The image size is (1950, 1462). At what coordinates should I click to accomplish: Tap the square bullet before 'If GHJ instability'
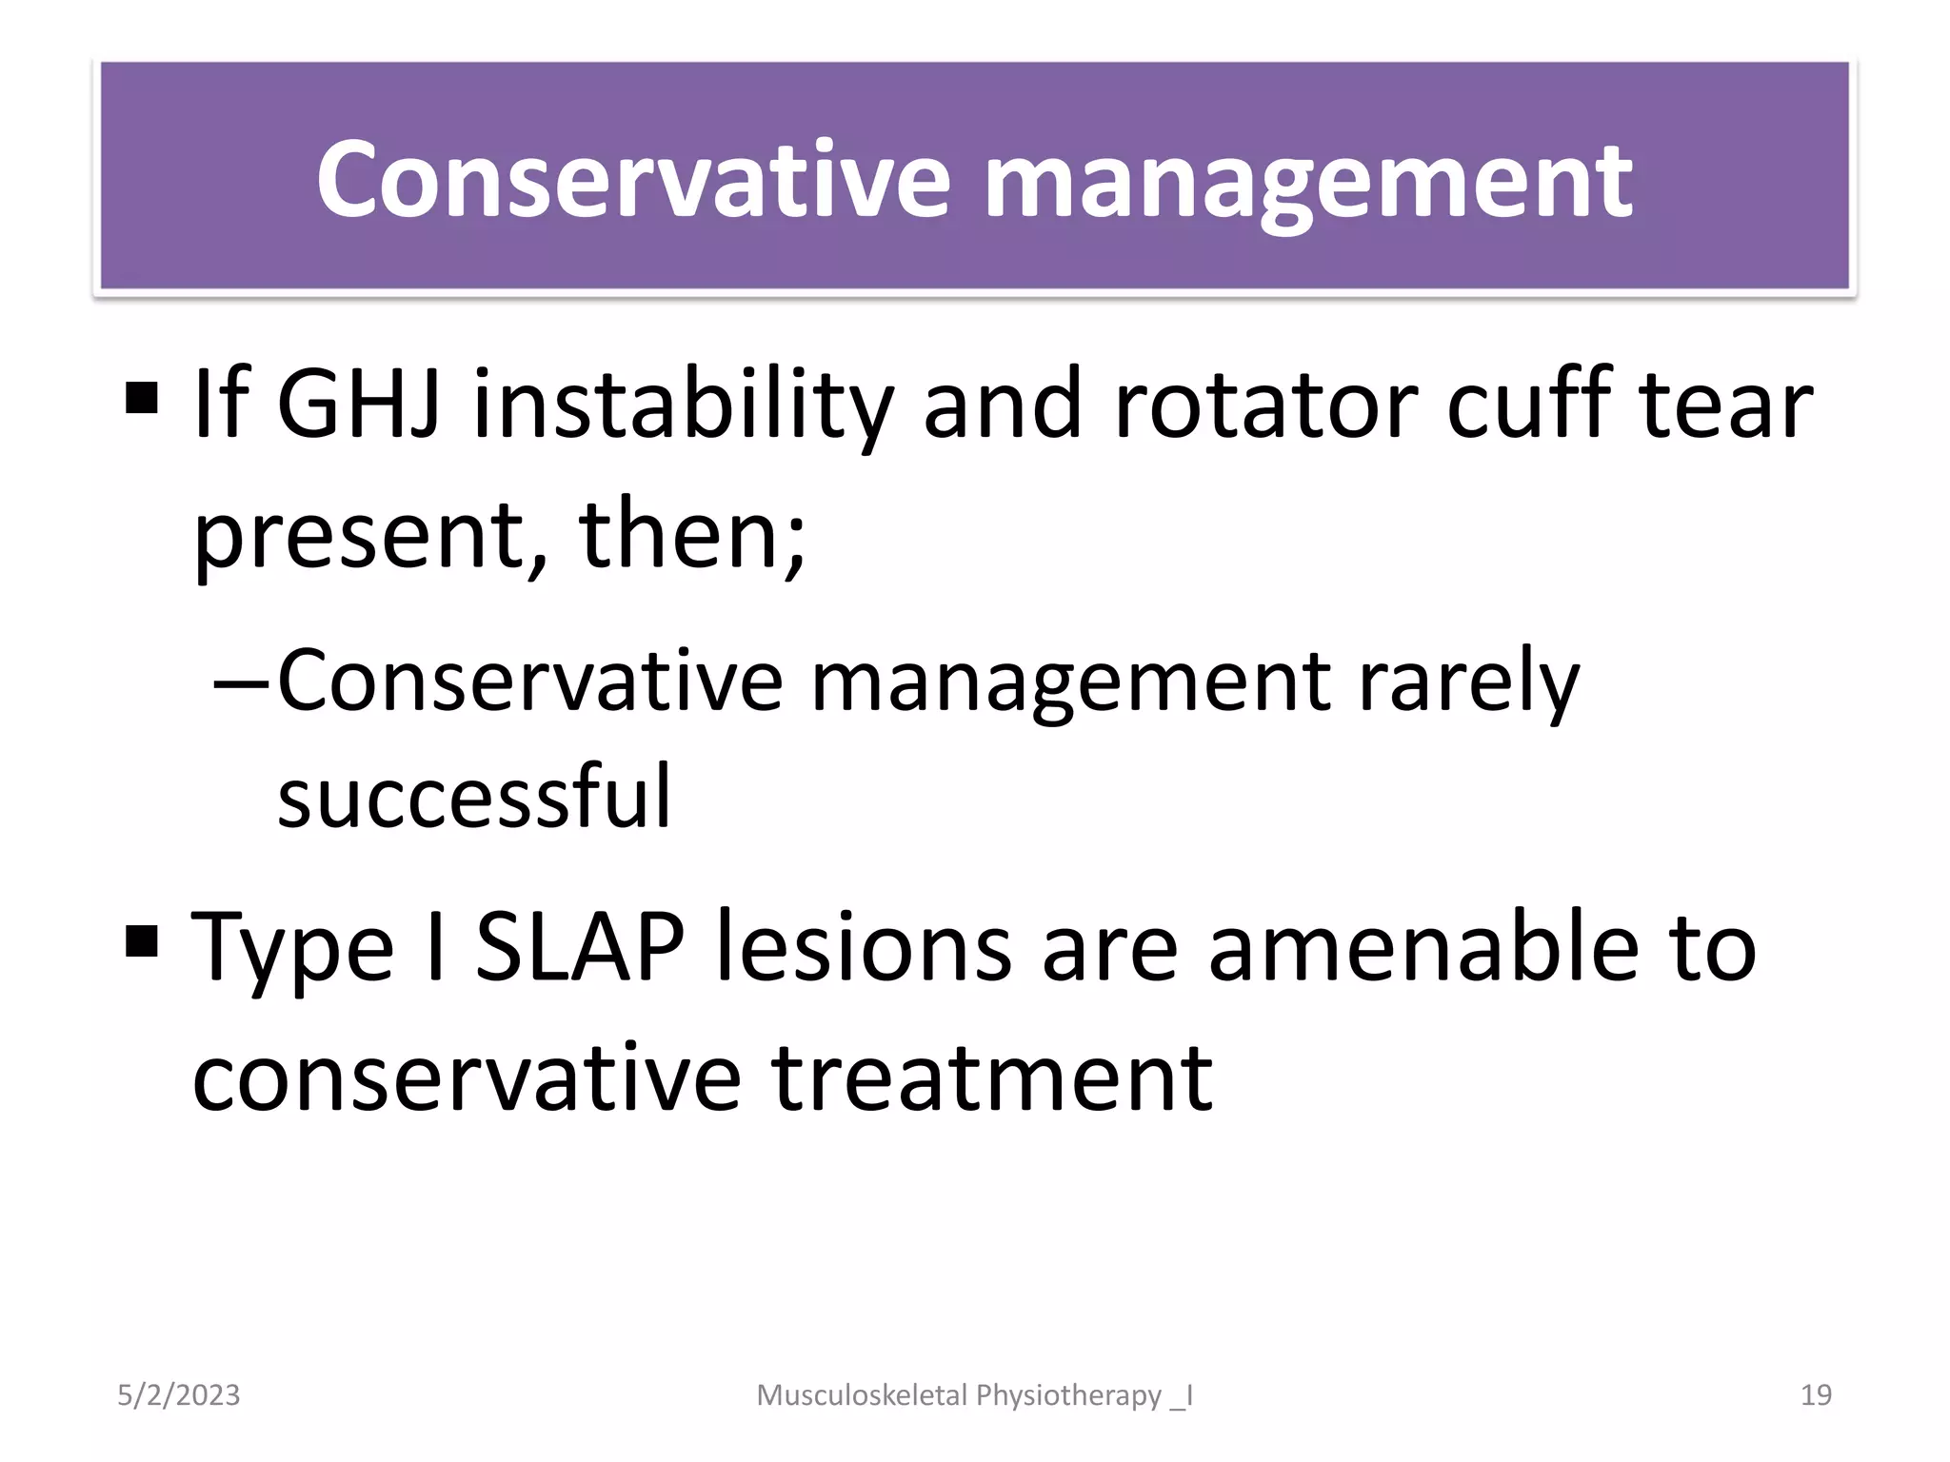pos(141,399)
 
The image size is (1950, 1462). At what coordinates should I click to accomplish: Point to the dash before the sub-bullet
pos(242,682)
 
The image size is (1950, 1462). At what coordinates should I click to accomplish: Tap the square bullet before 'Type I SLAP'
pos(141,941)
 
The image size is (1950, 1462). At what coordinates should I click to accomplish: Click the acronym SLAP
pos(580,947)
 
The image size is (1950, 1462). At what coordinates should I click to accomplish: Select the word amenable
pos(1423,947)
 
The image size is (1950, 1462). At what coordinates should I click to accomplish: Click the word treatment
pos(992,1077)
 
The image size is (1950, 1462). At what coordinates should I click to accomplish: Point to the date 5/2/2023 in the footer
pos(179,1395)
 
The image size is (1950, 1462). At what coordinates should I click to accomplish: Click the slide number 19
pos(1816,1395)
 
